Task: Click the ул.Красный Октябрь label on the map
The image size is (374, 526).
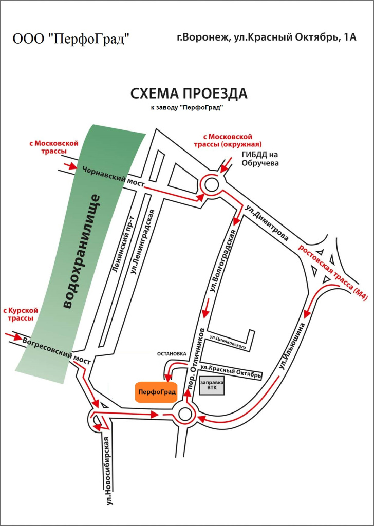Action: point(231,371)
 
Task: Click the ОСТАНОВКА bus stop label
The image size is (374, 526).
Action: point(171,353)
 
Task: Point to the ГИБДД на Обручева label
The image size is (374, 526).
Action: point(259,159)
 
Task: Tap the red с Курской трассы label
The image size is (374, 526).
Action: point(21,314)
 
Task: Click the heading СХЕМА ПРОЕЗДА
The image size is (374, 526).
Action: point(189,94)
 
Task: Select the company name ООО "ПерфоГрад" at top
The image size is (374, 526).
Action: point(71,39)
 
